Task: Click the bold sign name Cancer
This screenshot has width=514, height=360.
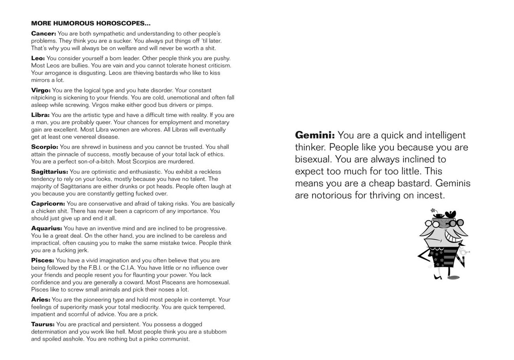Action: [x=44, y=34]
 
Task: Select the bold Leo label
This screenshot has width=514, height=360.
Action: [x=38, y=58]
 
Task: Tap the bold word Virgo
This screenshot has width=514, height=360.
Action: [x=41, y=90]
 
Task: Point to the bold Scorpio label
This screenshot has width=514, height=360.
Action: [x=44, y=147]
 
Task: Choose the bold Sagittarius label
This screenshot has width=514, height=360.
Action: [x=49, y=172]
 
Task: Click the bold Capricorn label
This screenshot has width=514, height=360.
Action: [x=48, y=204]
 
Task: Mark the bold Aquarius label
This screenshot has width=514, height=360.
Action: [x=46, y=229]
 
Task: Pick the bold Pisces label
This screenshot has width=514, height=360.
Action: [x=42, y=261]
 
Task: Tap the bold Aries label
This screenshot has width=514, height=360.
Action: [x=40, y=300]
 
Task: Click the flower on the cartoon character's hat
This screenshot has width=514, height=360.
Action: [x=433, y=210]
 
